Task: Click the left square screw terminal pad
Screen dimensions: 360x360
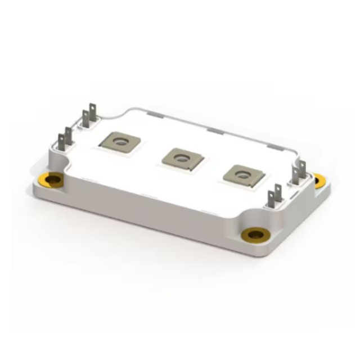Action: click(x=120, y=142)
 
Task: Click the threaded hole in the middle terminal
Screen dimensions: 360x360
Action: click(x=181, y=157)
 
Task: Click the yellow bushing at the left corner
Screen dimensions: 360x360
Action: click(x=54, y=181)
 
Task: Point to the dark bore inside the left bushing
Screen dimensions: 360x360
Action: click(x=54, y=181)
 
